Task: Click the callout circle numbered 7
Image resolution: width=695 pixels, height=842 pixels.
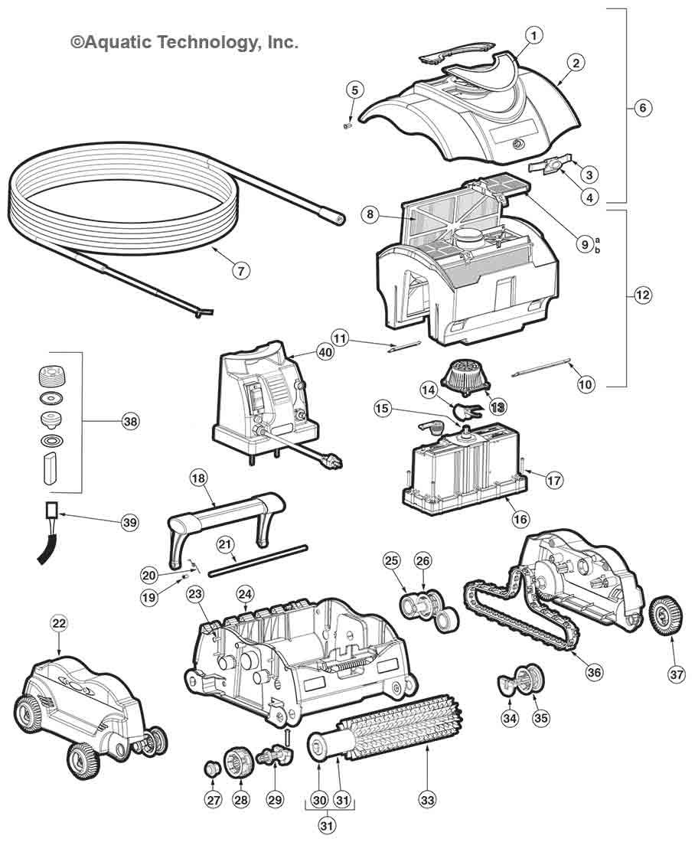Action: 241,269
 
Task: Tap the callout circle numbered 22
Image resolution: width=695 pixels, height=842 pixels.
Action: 60,624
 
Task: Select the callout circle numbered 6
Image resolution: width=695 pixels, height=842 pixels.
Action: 643,107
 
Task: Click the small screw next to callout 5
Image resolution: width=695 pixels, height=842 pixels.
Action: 347,126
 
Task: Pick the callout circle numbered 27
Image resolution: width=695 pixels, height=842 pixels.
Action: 213,800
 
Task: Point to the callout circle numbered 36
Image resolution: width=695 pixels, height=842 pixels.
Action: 595,672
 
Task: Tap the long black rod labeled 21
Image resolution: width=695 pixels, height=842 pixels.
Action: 259,560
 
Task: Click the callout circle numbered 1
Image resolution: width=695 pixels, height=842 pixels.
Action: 534,34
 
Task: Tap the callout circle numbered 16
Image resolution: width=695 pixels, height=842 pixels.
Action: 520,519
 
